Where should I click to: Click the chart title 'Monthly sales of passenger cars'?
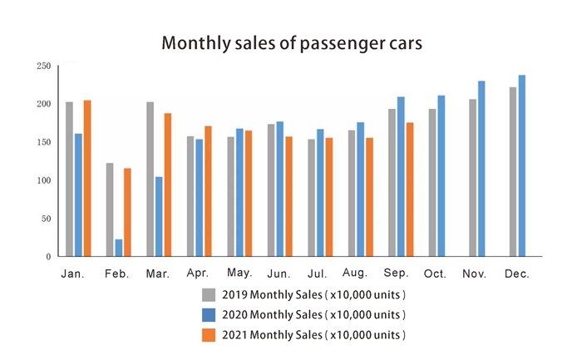point(290,42)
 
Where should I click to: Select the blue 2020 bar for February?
point(119,248)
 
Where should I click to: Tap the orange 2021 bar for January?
point(87,178)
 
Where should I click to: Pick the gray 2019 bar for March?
point(150,179)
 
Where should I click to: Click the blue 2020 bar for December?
point(522,165)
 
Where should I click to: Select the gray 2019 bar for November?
point(473,178)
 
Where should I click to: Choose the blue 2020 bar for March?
point(159,216)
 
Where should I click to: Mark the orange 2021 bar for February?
point(128,212)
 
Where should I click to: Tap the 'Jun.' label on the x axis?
point(279,274)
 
